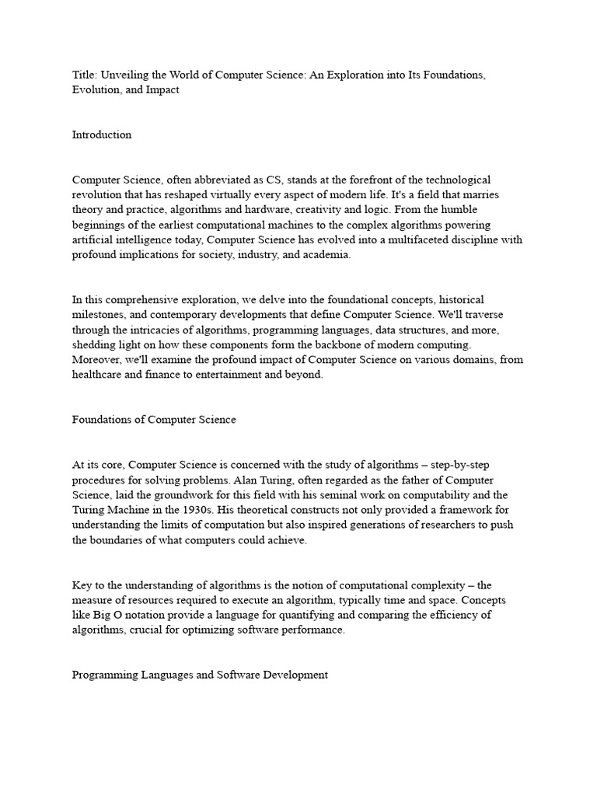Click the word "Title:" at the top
pyautogui.click(x=85, y=75)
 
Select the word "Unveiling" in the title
pyautogui.click(x=126, y=75)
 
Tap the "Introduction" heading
pyautogui.click(x=102, y=134)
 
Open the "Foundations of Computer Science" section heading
pyautogui.click(x=154, y=419)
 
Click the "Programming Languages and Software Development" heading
pyautogui.click(x=200, y=675)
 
